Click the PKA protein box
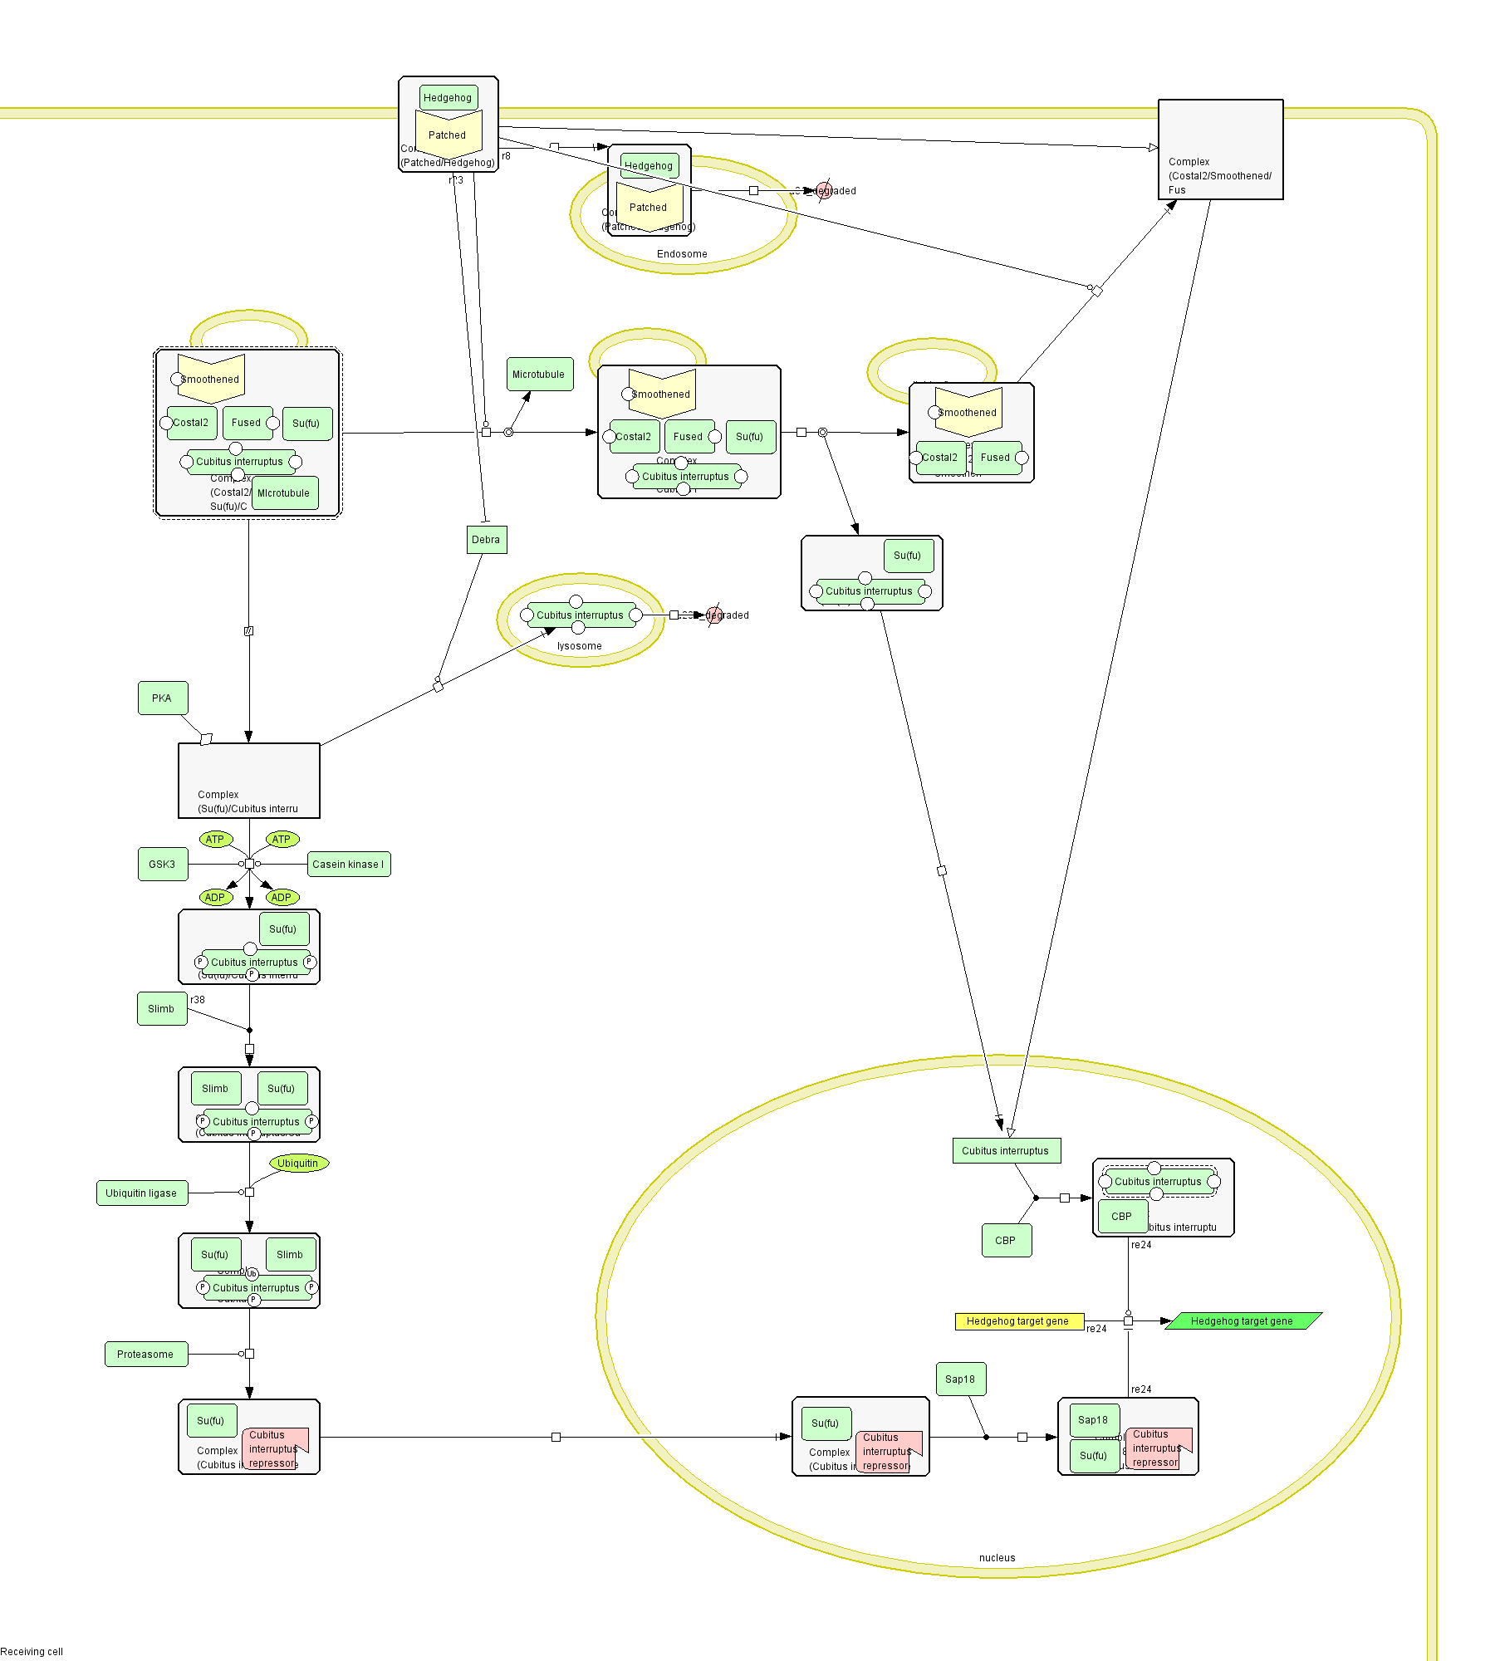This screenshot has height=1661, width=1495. pos(163,698)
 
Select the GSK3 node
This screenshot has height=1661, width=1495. pos(163,864)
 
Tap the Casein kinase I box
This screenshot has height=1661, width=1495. pos(349,864)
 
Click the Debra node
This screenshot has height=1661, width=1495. pos(487,540)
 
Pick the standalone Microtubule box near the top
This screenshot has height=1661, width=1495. pos(540,375)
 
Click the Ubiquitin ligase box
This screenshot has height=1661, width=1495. pos(142,1193)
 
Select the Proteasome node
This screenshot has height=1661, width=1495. pos(146,1354)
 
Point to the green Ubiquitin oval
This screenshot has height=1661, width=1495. pos(299,1163)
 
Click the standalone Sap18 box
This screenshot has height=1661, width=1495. pos(961,1379)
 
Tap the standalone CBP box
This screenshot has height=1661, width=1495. pos(1007,1240)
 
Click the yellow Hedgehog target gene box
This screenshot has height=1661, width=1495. pos(1019,1320)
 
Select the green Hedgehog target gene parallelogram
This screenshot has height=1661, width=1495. pos(1243,1320)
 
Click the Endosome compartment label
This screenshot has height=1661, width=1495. pos(682,254)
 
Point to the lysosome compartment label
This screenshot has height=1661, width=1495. pos(580,646)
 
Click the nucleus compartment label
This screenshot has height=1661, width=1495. pos(997,1558)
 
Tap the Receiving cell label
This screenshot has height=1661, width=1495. pos(32,1651)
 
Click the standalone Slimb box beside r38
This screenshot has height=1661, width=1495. pos(162,1009)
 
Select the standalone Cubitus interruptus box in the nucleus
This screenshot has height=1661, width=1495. pos(1006,1150)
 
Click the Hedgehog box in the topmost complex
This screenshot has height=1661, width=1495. pos(448,98)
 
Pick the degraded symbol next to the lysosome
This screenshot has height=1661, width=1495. pos(713,615)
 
